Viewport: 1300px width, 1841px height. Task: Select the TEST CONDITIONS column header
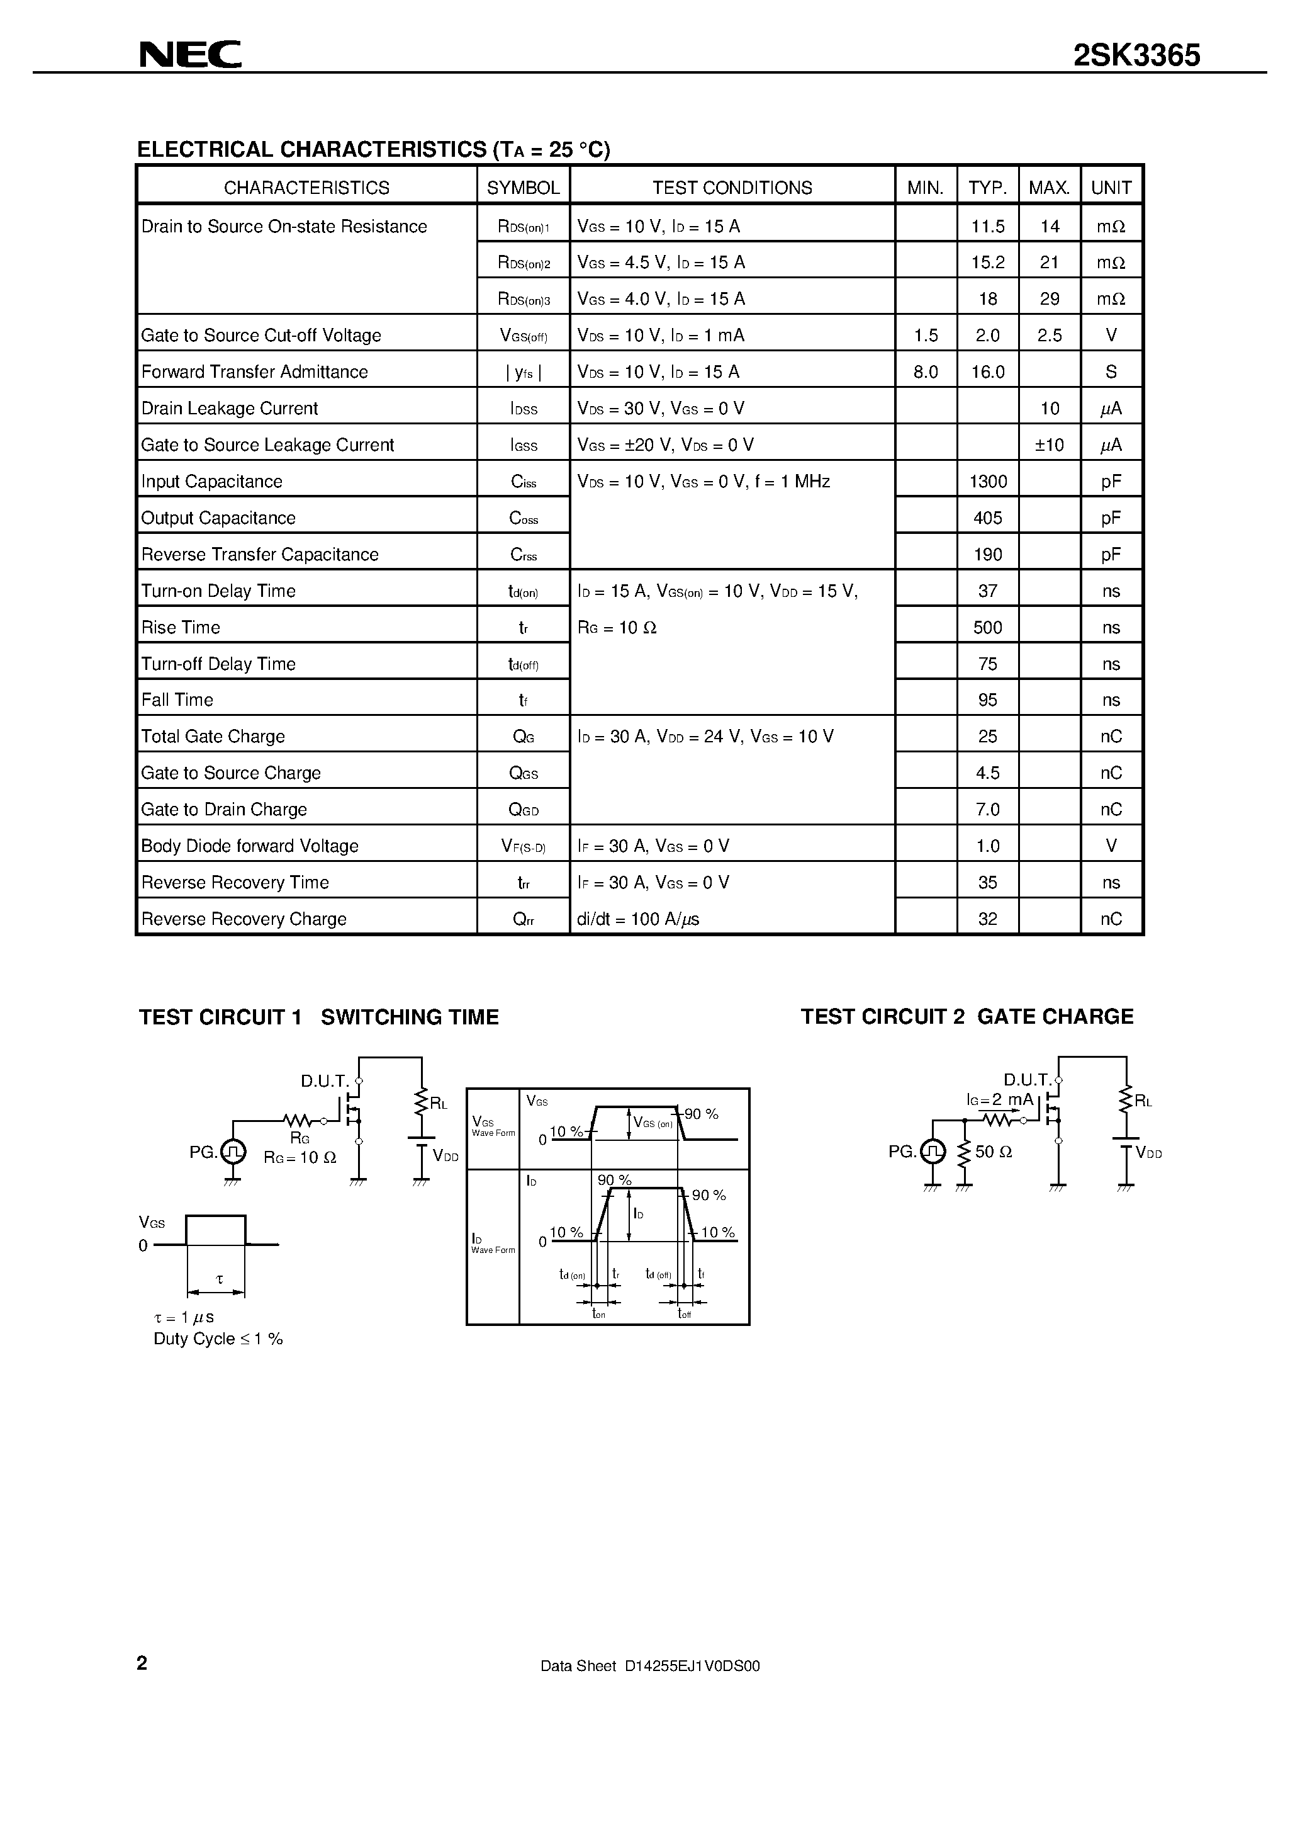coord(732,188)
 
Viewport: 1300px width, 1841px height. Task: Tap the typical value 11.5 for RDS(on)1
coord(987,227)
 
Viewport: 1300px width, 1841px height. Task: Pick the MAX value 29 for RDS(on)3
coord(1049,299)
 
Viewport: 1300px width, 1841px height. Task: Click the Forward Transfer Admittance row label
coord(254,372)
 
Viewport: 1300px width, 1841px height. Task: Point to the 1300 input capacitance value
coord(987,482)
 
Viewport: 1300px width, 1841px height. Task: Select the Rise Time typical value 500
coord(987,628)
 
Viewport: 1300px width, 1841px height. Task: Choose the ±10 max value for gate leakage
coord(1049,445)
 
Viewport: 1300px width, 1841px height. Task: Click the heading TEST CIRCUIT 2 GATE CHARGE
coord(967,1017)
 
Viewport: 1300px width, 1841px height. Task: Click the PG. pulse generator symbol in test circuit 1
coord(232,1152)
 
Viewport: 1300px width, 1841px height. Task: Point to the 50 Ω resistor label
coord(993,1152)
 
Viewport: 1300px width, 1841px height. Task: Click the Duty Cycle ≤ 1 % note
coord(218,1339)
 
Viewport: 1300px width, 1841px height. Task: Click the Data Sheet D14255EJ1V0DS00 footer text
coord(650,1666)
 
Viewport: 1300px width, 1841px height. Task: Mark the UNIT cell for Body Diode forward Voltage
coord(1111,846)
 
